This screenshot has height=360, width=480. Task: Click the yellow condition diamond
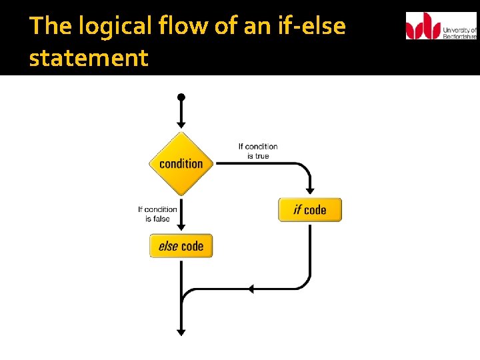coord(181,163)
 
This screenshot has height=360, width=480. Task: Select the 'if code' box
coord(310,210)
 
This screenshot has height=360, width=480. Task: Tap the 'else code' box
coord(181,246)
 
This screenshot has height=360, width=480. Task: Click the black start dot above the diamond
coord(181,97)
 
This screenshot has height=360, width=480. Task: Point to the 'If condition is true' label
coord(258,151)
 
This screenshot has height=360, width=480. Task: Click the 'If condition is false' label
coord(157,213)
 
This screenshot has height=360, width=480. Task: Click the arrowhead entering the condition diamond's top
coord(181,124)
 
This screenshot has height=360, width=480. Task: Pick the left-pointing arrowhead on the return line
coord(251,289)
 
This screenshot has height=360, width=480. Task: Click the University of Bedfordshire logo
coord(441,26)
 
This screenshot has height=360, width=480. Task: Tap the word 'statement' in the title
coord(89,58)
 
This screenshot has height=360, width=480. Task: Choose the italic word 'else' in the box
coord(168,246)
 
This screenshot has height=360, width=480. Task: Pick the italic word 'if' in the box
coord(297,210)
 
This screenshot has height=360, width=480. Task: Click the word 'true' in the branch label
coord(262,156)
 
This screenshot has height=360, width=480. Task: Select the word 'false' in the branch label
coord(161,219)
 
